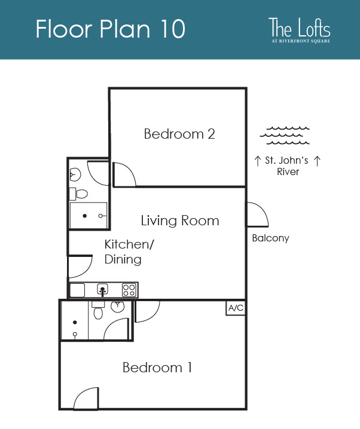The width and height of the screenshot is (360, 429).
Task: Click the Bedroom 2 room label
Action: tap(179, 134)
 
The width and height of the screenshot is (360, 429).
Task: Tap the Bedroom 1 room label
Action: tap(157, 367)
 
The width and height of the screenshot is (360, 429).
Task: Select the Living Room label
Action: tap(180, 221)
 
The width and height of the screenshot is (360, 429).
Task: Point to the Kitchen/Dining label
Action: tap(129, 252)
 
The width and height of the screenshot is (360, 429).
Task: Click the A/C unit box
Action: tap(236, 308)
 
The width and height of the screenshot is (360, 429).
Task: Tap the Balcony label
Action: tap(270, 238)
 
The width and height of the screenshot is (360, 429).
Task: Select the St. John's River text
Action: tap(287, 166)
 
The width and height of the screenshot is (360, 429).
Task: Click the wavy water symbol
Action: tap(285, 135)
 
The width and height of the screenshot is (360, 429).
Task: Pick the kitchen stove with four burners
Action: tap(129, 290)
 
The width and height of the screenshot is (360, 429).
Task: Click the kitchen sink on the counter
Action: tap(103, 290)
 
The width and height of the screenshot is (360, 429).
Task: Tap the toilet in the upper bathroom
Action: tap(79, 194)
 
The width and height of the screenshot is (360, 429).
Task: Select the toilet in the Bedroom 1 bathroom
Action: tap(98, 310)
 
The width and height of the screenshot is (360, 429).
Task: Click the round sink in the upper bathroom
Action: tap(75, 174)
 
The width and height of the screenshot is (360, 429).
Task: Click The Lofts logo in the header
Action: tap(300, 30)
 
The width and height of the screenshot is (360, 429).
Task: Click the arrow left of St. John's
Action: tap(257, 161)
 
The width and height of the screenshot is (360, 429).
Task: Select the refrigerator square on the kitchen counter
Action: tap(77, 290)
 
